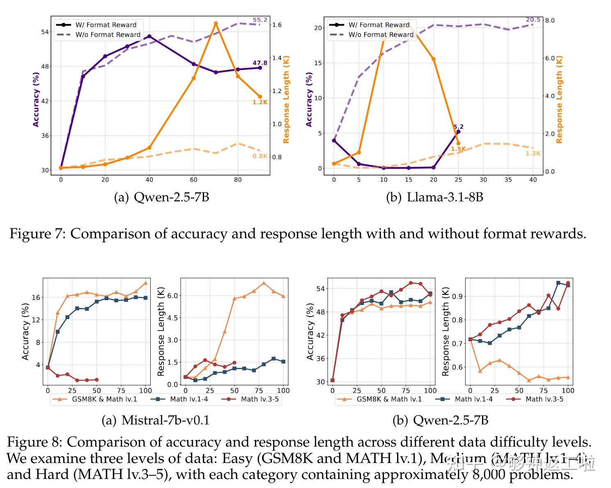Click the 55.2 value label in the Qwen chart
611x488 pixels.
pos(260,20)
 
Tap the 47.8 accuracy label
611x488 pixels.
pos(260,63)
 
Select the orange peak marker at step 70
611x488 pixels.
pos(216,24)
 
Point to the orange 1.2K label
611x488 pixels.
pos(260,102)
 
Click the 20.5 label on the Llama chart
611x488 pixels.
pos(533,20)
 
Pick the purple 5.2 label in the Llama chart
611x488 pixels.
pos(458,127)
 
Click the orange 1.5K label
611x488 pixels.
pos(458,149)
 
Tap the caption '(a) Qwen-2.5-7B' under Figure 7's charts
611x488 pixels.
pos(161,197)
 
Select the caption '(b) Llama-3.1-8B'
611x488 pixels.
pos(434,197)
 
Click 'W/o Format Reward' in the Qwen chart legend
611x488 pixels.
pos(108,35)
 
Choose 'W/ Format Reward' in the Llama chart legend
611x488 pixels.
pos(379,25)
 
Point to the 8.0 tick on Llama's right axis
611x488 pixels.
pos(549,21)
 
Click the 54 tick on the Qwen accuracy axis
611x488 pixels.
pos(45,32)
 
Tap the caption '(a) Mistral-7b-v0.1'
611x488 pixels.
pos(156,420)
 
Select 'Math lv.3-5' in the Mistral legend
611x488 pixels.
pos(260,399)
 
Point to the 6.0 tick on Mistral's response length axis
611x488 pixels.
pos(172,296)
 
